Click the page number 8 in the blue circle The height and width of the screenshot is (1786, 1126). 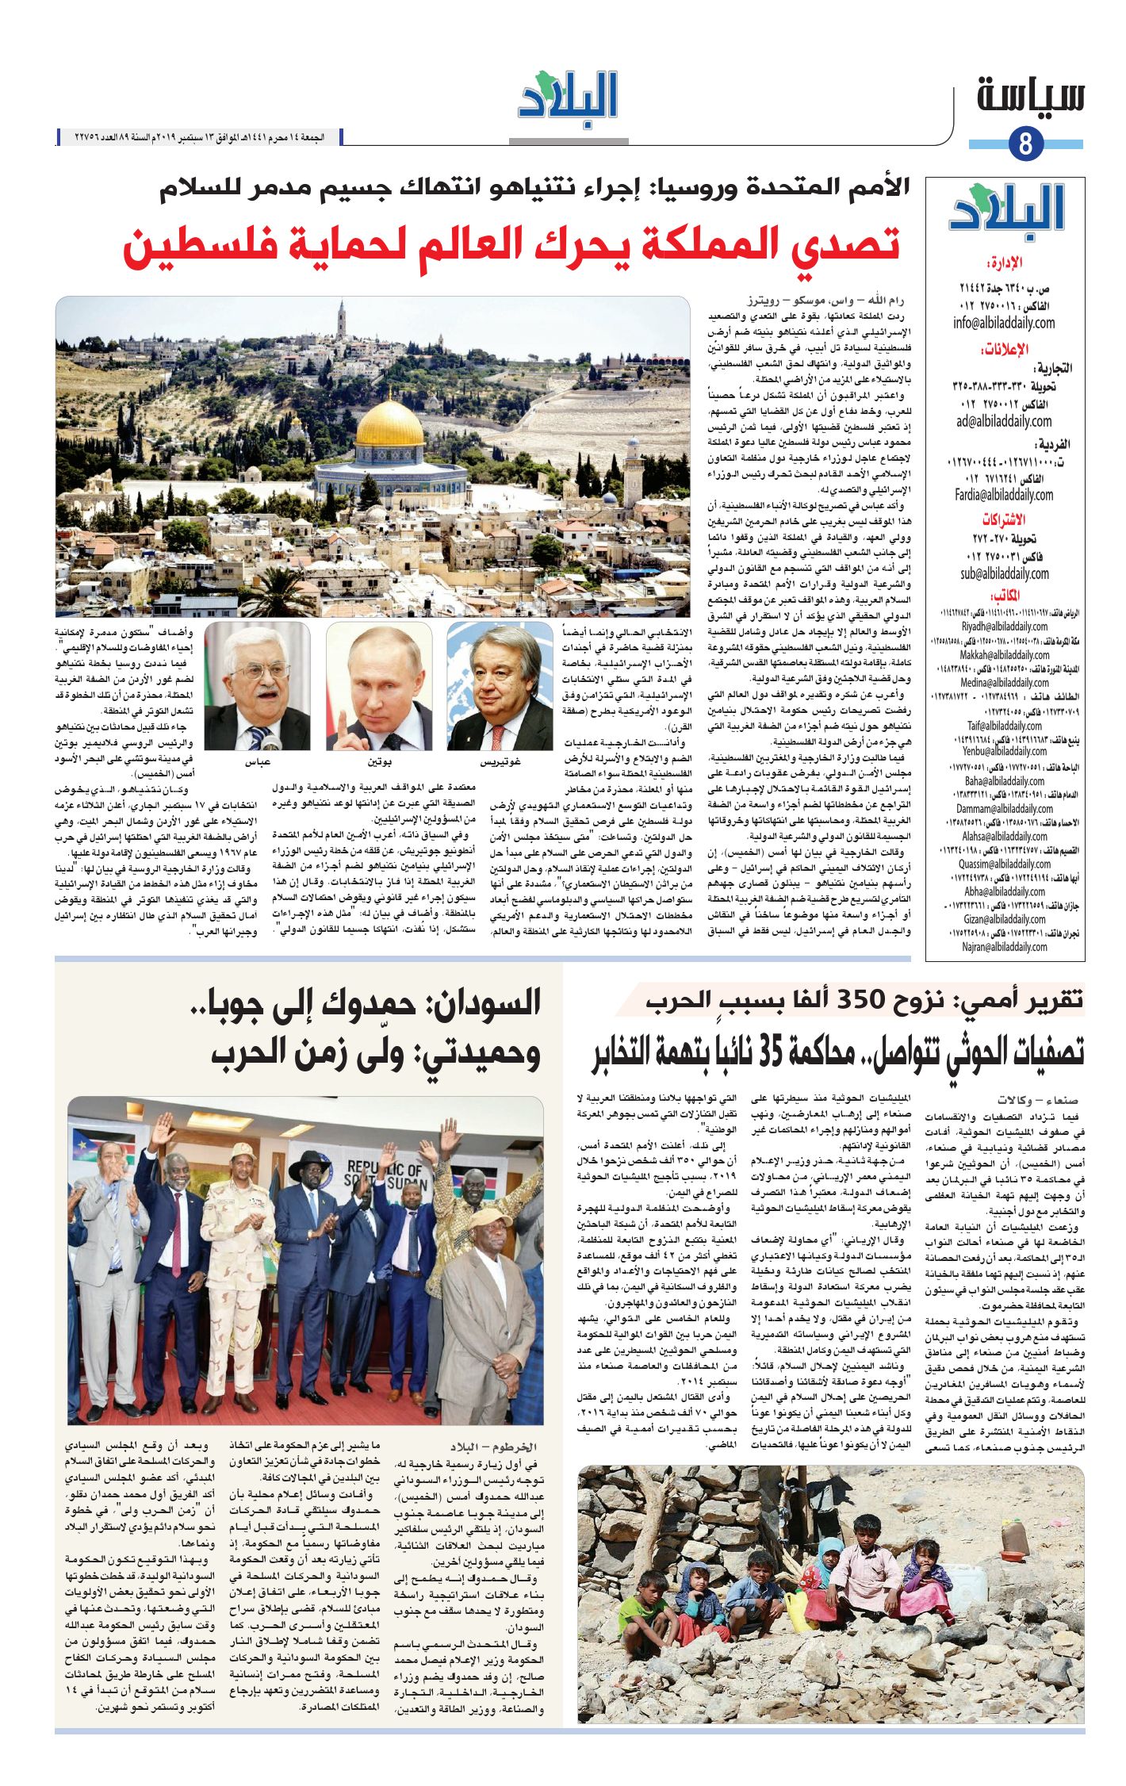(x=1025, y=144)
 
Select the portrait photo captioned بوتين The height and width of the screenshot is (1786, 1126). (x=379, y=686)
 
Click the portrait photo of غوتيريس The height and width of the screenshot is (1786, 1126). (x=500, y=686)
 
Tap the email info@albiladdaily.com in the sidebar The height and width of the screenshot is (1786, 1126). (x=1004, y=323)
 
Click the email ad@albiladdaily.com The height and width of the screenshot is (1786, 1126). (x=1004, y=421)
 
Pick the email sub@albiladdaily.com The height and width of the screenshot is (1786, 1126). (x=1004, y=573)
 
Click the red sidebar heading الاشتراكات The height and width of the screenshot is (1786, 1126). (x=1004, y=520)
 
